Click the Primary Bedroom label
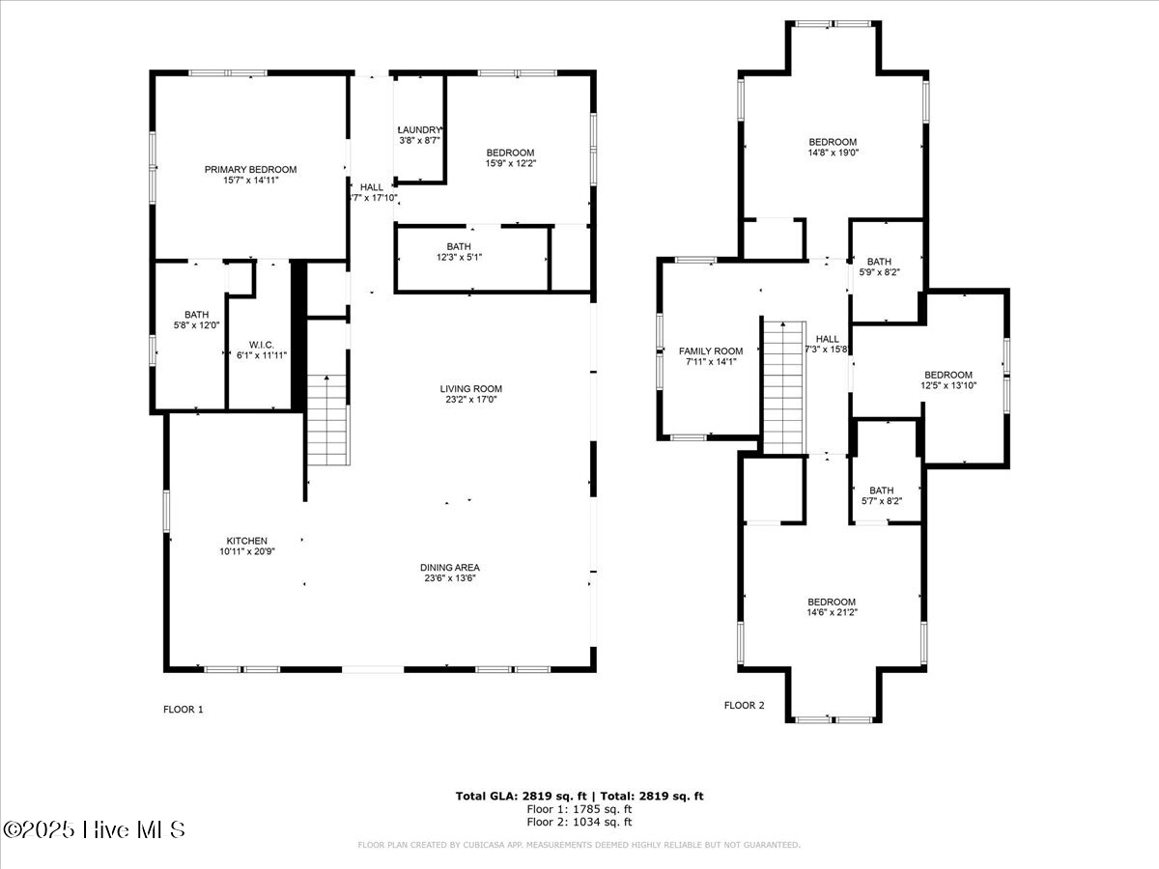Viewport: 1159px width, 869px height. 250,170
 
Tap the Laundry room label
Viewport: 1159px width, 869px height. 420,130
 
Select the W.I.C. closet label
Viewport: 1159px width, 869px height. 262,345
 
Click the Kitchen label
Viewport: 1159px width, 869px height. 247,541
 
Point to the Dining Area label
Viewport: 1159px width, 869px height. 450,568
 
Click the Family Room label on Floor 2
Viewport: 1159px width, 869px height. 711,351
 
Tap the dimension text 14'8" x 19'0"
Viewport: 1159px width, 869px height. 833,153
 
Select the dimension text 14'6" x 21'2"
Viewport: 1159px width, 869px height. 832,611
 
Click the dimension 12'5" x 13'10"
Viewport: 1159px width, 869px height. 948,385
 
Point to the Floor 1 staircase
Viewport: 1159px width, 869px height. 328,421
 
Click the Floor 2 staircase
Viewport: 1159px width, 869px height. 783,386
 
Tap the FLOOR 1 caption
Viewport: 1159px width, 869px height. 183,709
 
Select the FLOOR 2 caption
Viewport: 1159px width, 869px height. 744,706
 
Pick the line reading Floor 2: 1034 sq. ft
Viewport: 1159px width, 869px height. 579,823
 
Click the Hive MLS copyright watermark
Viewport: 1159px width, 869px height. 94,829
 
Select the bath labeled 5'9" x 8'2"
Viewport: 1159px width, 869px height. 879,267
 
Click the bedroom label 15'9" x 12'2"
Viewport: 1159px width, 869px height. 510,158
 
